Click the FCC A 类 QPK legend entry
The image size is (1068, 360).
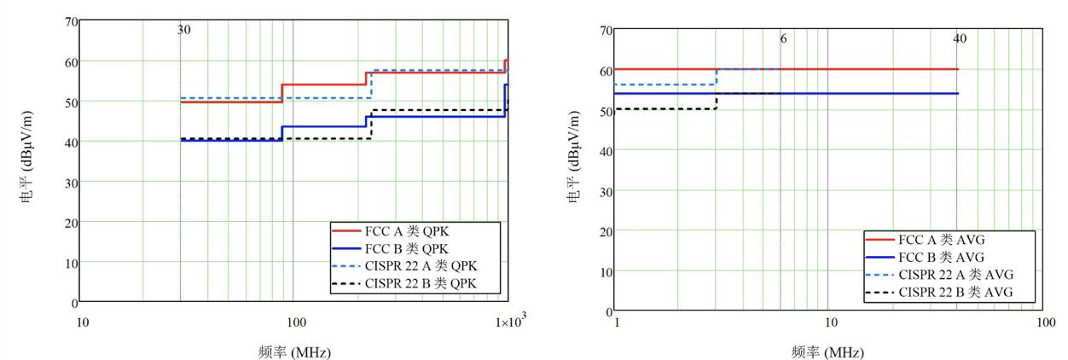(391, 231)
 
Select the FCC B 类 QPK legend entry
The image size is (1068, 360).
(391, 248)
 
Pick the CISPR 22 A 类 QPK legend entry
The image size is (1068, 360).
(405, 265)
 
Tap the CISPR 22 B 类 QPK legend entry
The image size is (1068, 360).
(405, 283)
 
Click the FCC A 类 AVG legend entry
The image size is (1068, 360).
(925, 240)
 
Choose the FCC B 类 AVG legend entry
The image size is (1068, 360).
(925, 257)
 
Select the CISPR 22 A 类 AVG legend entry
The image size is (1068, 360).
(940, 275)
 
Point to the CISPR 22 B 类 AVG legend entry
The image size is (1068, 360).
(939, 292)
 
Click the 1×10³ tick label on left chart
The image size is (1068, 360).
(511, 321)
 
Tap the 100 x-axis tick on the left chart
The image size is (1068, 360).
(296, 322)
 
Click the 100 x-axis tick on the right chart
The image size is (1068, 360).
(1046, 322)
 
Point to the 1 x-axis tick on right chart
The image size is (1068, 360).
(617, 322)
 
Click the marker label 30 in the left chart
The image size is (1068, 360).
(184, 30)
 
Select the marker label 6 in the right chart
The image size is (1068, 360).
(783, 39)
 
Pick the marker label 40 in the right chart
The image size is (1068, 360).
(960, 38)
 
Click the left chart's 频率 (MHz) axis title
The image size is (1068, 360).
(294, 352)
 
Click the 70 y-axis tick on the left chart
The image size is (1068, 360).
(72, 22)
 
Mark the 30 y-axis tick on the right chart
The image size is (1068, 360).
(607, 192)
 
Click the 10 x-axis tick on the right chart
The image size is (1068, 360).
(831, 322)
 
